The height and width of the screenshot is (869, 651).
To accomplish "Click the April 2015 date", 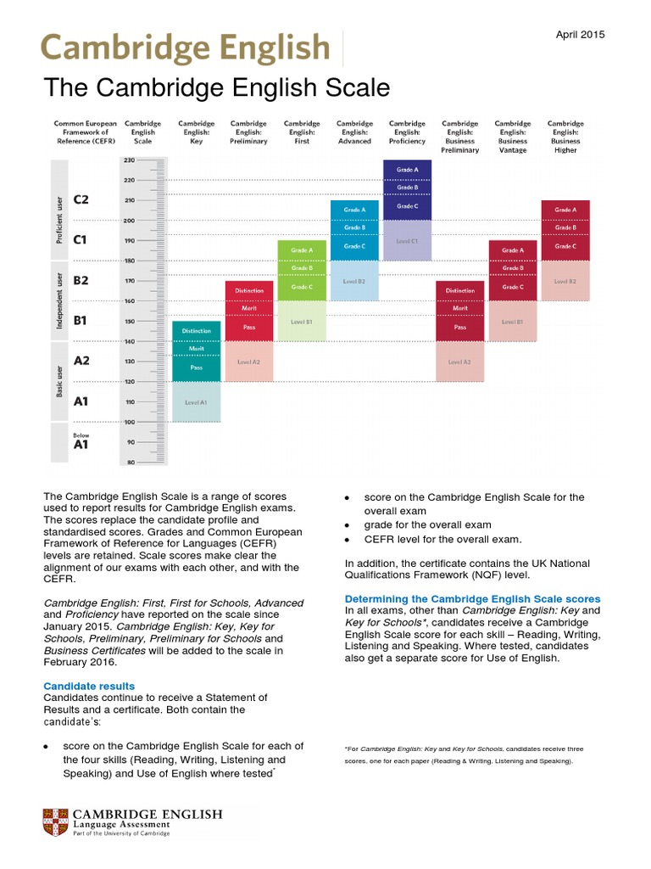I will click(x=581, y=35).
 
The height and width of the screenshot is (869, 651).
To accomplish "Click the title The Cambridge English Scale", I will click(x=216, y=88).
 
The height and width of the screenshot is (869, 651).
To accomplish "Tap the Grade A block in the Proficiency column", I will click(x=407, y=171).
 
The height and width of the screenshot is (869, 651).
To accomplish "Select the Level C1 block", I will click(x=407, y=241).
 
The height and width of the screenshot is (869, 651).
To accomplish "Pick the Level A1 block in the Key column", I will click(x=196, y=402).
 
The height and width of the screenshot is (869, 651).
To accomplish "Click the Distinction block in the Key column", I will click(x=196, y=331).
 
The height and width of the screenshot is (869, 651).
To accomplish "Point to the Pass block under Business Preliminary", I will click(x=459, y=327).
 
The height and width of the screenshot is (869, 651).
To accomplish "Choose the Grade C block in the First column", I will click(x=302, y=287).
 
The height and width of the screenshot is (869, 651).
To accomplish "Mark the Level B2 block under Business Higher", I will click(x=565, y=281).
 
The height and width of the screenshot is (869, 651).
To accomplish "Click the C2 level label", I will click(x=81, y=200).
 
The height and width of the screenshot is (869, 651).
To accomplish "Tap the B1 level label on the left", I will click(x=81, y=321).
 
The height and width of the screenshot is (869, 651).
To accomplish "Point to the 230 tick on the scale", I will click(x=130, y=160).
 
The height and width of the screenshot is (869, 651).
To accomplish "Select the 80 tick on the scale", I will click(x=130, y=463).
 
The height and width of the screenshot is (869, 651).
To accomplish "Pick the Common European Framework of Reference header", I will click(x=81, y=132).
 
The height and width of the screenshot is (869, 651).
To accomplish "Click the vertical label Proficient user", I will click(x=59, y=219).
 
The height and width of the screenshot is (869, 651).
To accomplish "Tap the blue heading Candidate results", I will click(x=89, y=686).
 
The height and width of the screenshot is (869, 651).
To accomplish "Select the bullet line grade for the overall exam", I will click(x=427, y=524).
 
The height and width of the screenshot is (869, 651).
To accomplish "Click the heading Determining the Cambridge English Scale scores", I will click(x=472, y=598).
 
